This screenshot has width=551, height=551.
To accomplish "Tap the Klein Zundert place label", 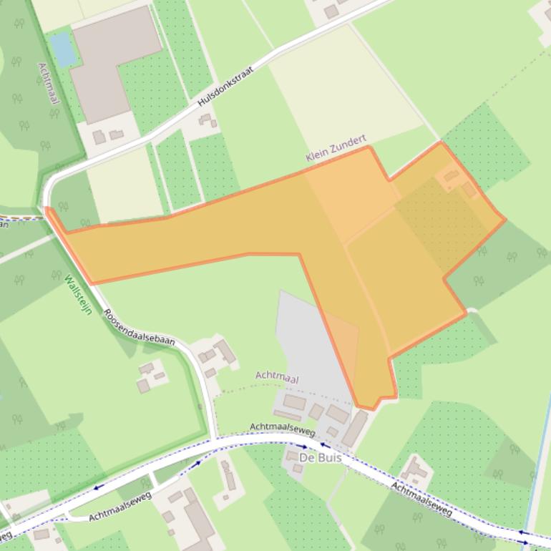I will point(336,147).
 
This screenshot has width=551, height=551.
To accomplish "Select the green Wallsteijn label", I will point(78,295).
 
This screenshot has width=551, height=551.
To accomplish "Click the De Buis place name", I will point(320,457).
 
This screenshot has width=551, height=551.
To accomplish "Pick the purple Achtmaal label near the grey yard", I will point(277,377).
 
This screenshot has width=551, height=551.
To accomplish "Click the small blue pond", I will point(63,49).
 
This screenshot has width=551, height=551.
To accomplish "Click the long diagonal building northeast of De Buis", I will point(355,428).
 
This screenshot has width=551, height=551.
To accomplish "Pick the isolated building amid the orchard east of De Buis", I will point(414,472).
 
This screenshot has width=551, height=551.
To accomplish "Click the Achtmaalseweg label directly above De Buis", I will point(282,429).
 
